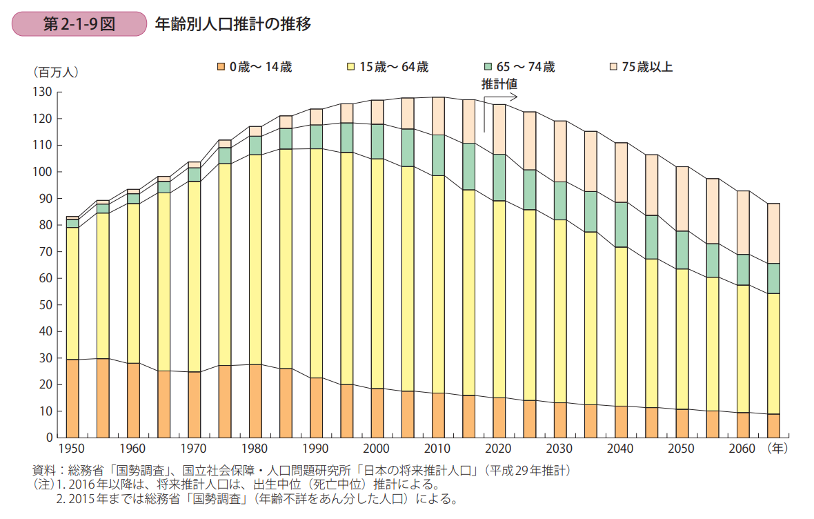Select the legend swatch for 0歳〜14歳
pos(221,67)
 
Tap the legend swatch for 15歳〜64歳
pos(351,67)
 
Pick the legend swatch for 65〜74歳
pos(488,67)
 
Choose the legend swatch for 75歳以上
pos(613,67)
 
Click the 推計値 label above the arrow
pos(499,84)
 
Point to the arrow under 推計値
pos(501,97)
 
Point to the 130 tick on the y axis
pos(43,92)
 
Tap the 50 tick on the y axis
pos(46,304)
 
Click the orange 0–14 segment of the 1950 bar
pos(72,398)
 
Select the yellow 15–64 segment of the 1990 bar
pos(316,262)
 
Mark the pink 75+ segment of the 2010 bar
pos(438,115)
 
